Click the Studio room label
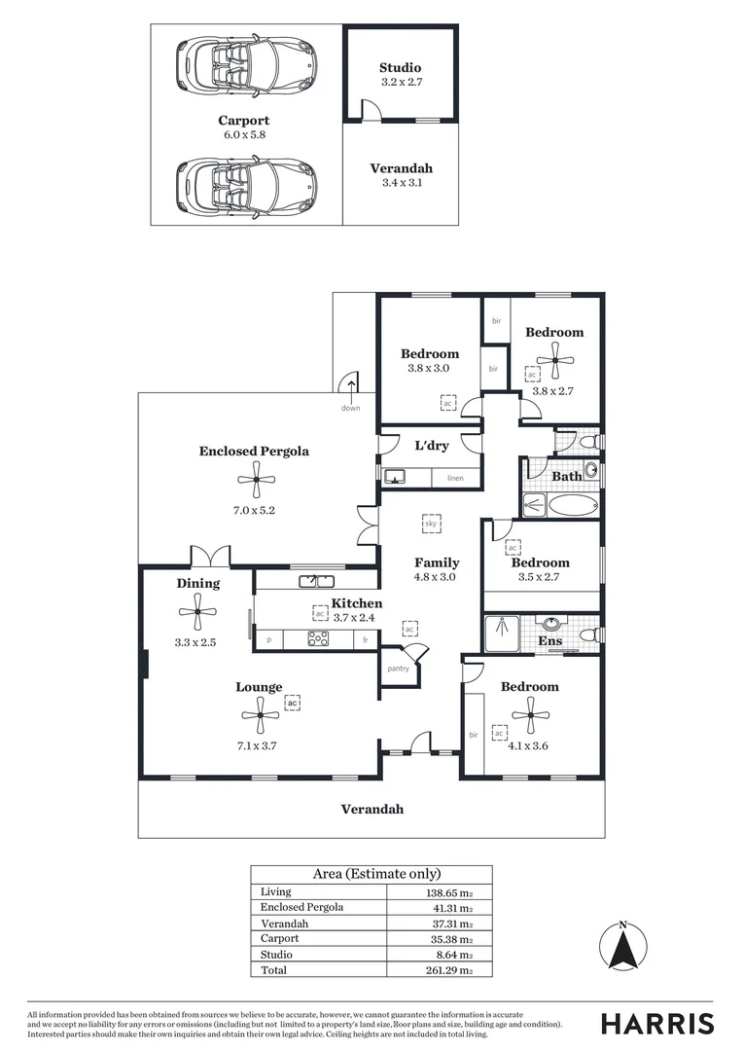(400, 67)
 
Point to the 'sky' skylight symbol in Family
(431, 523)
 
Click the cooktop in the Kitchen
(318, 639)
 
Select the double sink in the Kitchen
(315, 581)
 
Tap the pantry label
(398, 669)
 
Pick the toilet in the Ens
(586, 636)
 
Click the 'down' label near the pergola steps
(350, 408)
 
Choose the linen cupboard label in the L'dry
(455, 478)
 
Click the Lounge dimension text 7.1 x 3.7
(259, 746)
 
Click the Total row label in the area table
(272, 970)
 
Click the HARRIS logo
(656, 1023)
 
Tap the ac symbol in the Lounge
(292, 702)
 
